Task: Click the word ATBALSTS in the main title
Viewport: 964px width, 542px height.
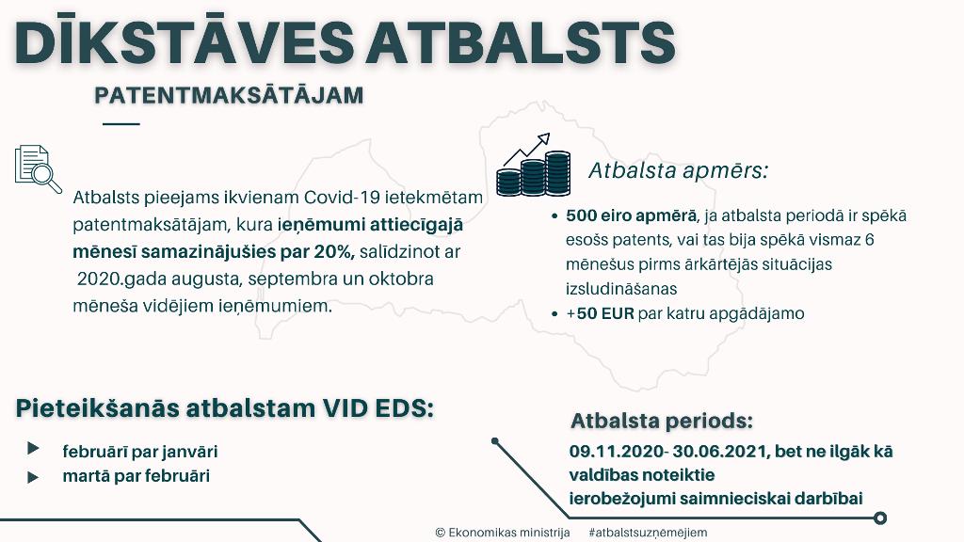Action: pyautogui.click(x=520, y=43)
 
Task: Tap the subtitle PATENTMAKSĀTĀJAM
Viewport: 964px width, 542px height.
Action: pyautogui.click(x=229, y=95)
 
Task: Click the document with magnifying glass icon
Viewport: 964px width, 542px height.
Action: pyautogui.click(x=38, y=169)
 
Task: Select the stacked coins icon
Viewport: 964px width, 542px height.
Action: pyautogui.click(x=534, y=166)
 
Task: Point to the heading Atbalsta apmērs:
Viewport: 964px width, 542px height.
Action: pyautogui.click(x=679, y=170)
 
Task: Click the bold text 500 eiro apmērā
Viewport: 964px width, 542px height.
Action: pyautogui.click(x=632, y=215)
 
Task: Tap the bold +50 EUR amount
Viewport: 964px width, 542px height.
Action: pyautogui.click(x=600, y=313)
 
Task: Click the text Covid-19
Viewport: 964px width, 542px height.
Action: pyautogui.click(x=342, y=198)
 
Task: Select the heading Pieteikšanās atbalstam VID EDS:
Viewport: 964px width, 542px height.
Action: pyautogui.click(x=225, y=408)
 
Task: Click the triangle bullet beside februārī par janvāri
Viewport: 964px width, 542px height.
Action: pyautogui.click(x=33, y=449)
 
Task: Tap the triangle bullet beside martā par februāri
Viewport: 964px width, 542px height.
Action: pyautogui.click(x=33, y=477)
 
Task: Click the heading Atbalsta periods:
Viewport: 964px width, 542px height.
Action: pyautogui.click(x=662, y=421)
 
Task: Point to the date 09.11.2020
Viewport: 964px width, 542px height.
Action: pyautogui.click(x=616, y=452)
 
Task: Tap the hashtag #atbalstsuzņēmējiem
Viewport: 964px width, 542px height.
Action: pyautogui.click(x=648, y=533)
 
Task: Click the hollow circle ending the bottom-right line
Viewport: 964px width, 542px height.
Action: pyautogui.click(x=880, y=518)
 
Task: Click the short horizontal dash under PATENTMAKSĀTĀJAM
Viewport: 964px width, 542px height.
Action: pyautogui.click(x=121, y=123)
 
